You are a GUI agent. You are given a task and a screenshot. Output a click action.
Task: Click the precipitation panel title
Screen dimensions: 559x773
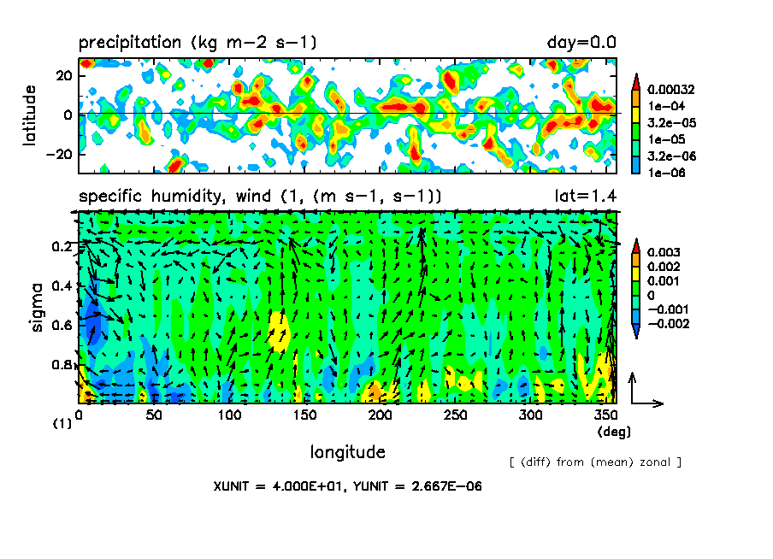(x=198, y=43)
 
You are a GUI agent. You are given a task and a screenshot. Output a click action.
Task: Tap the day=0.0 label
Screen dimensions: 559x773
(x=581, y=43)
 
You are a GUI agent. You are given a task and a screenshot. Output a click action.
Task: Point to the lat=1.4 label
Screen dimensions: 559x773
(x=586, y=197)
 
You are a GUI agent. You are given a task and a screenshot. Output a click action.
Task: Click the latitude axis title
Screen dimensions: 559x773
(x=29, y=115)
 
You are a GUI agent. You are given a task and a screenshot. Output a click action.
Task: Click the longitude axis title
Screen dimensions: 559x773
(x=347, y=451)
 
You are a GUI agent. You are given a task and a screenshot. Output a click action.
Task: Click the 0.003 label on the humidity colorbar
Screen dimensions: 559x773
(x=663, y=253)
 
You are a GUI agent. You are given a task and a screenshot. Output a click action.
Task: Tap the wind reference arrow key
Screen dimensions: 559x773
(x=643, y=391)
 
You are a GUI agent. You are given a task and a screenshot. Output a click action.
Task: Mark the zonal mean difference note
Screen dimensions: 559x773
(x=595, y=462)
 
